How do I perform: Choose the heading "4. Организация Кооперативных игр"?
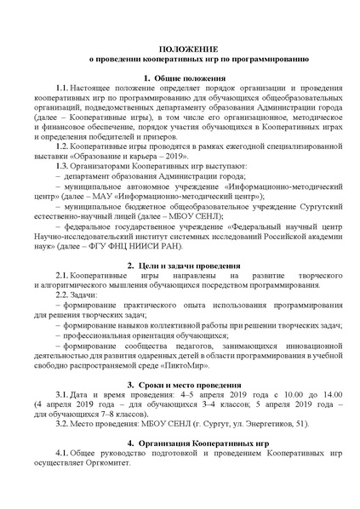click(180, 443)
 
